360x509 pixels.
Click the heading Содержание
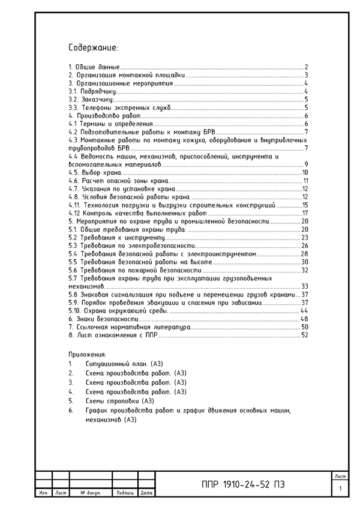(93, 47)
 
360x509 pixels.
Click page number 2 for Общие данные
(306, 67)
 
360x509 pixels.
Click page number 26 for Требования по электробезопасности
(304, 245)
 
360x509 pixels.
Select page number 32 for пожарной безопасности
(304, 270)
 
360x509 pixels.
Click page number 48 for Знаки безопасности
(304, 319)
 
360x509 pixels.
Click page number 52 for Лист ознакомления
(304, 335)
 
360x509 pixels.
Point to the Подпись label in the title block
(125, 493)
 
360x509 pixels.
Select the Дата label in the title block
(146, 493)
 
